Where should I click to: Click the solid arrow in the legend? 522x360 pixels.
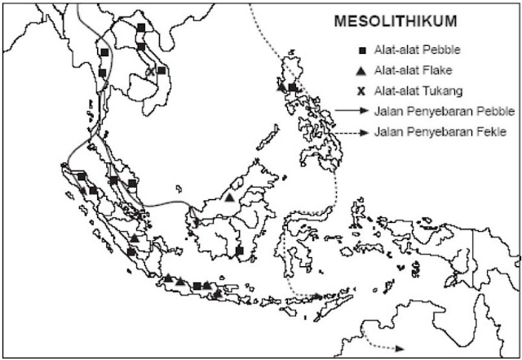click(351, 110)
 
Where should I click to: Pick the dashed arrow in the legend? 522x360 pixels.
click(351, 131)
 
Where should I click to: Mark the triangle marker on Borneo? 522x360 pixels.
click(230, 197)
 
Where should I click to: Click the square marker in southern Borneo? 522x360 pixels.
click(238, 251)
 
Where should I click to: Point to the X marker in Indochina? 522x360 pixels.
click(150, 72)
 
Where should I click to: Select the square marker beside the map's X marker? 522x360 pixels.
click(161, 71)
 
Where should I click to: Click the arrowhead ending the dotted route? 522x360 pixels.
click(400, 349)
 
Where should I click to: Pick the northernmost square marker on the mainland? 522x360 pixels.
click(140, 28)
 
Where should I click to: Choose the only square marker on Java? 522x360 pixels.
click(197, 286)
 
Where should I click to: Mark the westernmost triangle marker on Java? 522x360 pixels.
click(168, 278)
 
